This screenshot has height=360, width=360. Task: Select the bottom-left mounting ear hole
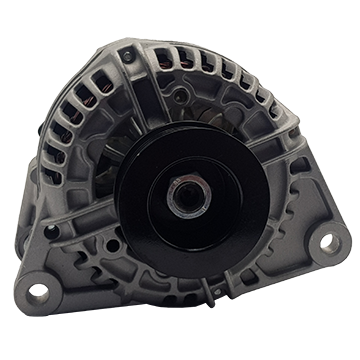(x=37, y=291)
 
